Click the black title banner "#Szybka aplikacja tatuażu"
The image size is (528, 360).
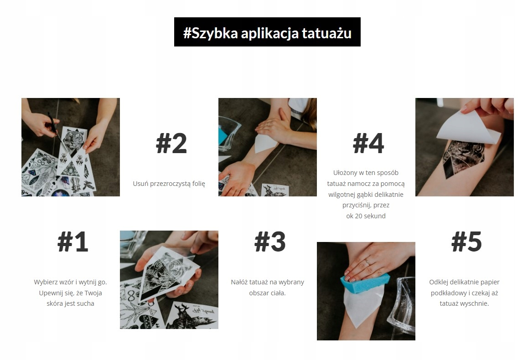(267, 32)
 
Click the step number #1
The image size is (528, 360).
(73, 242)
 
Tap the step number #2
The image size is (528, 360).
(171, 143)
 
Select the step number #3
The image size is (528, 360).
(270, 242)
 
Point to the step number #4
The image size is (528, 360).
(368, 143)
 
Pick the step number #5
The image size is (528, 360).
(466, 242)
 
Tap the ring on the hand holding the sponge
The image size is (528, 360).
(368, 262)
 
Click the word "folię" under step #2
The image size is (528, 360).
(198, 184)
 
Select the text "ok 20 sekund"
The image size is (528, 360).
(366, 216)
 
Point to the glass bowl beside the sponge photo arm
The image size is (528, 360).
(401, 306)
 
